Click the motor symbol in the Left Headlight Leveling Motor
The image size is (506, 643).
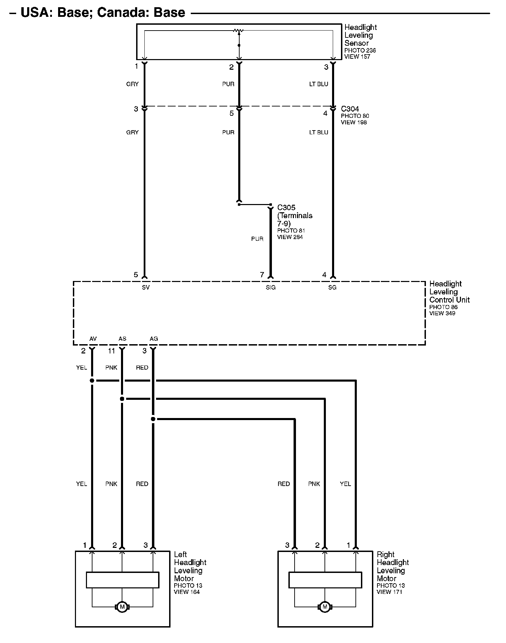(122, 607)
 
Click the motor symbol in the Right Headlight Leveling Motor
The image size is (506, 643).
(324, 607)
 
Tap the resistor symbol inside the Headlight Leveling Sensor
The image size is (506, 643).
(238, 31)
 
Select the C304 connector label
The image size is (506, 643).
(350, 109)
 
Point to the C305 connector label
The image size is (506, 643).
(286, 207)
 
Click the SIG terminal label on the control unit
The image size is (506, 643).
(271, 287)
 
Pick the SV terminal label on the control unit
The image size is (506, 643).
(146, 287)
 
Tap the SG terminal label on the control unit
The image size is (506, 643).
(332, 287)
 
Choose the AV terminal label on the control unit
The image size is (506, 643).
(93, 339)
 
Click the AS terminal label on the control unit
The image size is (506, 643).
(122, 339)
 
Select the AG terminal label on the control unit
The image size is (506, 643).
(154, 339)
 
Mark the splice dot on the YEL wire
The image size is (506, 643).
(92, 381)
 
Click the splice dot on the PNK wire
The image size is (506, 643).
(122, 399)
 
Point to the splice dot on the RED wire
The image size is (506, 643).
(153, 419)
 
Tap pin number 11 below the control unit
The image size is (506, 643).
(111, 351)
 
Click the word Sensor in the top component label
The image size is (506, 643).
(356, 43)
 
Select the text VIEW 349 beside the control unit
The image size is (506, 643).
(442, 313)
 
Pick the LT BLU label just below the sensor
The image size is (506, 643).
(319, 84)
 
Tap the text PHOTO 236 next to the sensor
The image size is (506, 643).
(360, 50)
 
